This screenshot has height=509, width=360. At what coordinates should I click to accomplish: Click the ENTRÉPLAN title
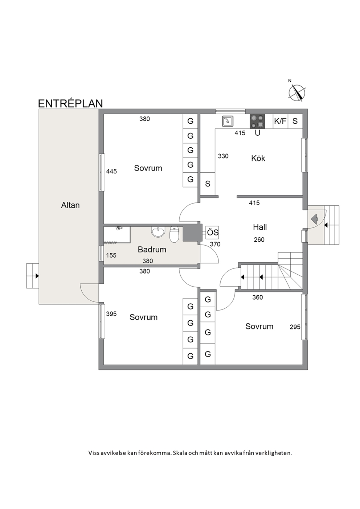(70, 103)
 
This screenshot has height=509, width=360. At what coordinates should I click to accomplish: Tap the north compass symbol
(296, 93)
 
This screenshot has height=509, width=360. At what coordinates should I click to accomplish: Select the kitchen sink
(228, 121)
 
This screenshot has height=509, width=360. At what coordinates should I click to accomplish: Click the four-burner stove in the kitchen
(258, 121)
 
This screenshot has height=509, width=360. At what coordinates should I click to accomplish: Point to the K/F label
(280, 121)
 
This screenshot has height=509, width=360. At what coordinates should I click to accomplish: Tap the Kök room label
(258, 159)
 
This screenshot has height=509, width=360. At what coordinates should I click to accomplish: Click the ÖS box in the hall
(212, 233)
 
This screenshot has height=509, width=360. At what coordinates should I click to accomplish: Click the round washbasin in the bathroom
(158, 232)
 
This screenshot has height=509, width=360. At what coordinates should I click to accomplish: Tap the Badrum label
(152, 250)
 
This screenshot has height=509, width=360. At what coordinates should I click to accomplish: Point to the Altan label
(70, 205)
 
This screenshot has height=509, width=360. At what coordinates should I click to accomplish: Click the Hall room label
(260, 227)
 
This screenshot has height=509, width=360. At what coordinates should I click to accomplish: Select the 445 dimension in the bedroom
(111, 171)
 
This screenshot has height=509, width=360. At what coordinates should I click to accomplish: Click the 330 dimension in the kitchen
(223, 156)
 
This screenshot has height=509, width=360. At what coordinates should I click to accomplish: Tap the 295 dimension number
(295, 327)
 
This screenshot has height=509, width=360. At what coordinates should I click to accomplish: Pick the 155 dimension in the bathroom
(111, 255)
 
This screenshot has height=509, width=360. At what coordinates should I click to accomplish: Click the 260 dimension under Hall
(259, 240)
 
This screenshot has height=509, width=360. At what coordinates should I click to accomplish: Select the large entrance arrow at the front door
(314, 219)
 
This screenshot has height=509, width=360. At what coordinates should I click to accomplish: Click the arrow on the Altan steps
(37, 276)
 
